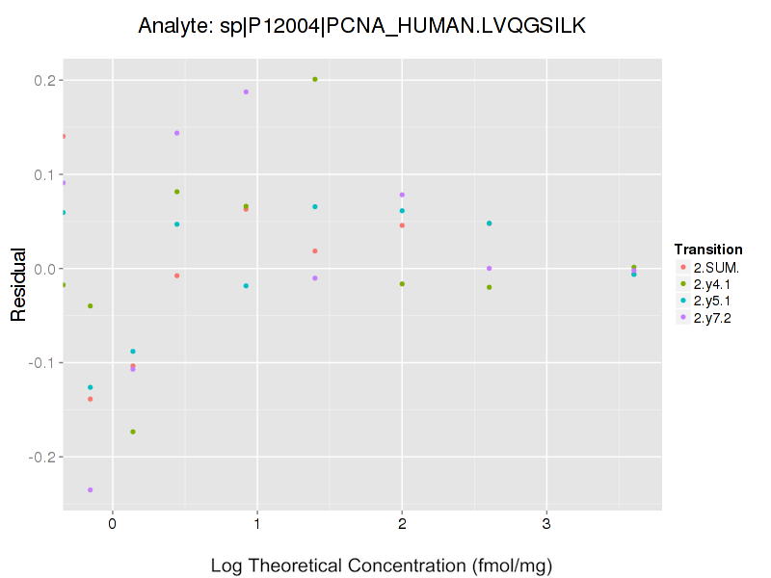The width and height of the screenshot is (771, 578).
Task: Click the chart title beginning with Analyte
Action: [x=361, y=25]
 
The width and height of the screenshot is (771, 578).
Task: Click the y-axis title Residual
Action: [x=17, y=285]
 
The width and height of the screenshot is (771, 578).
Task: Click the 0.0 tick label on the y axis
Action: [x=44, y=269]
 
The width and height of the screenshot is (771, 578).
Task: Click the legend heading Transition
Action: [x=708, y=250]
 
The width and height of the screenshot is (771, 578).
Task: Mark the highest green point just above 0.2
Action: [x=315, y=79]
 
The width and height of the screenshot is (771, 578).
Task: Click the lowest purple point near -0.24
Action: [x=91, y=490]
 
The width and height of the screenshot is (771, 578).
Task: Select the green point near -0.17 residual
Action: [x=133, y=432]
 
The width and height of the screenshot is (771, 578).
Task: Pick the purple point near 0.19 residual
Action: [x=246, y=92]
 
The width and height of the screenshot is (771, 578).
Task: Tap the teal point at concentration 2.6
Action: [x=490, y=223]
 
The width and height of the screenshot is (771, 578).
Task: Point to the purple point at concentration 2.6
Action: [x=490, y=268]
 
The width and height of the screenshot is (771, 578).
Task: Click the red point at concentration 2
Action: [x=402, y=225]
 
